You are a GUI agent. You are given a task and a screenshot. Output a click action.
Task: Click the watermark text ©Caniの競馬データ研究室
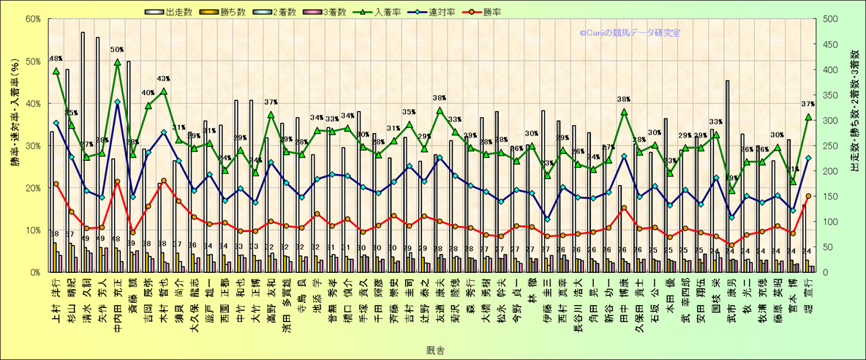click(629, 33)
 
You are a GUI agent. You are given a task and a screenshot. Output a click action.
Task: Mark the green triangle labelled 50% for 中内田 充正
click(117, 63)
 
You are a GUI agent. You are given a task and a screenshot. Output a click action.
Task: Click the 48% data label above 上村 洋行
click(56, 59)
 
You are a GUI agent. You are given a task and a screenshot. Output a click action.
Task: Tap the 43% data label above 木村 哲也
click(163, 78)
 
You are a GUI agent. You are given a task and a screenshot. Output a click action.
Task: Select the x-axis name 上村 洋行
click(56, 299)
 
